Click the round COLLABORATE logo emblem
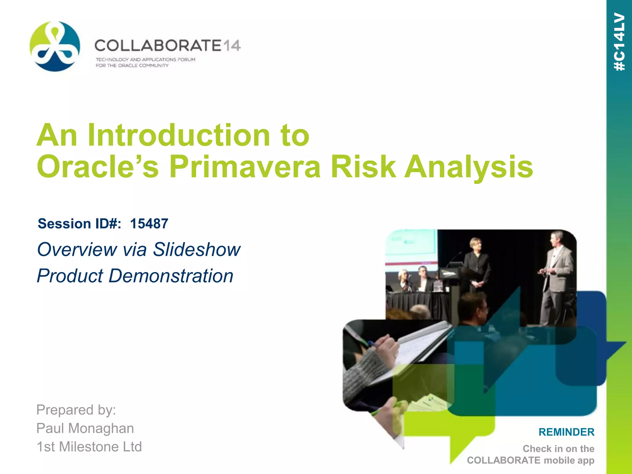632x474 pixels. (55, 46)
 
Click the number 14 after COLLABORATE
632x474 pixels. (231, 46)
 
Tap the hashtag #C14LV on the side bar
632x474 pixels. (619, 42)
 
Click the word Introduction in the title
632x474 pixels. (179, 135)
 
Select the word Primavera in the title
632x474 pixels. (245, 167)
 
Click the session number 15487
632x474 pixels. (149, 224)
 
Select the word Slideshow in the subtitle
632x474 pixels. (197, 249)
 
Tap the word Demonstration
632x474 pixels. (171, 276)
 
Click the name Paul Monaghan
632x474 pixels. (85, 428)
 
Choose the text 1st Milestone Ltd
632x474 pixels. (89, 447)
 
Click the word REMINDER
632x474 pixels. (566, 432)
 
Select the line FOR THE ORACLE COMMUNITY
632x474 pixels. (132, 65)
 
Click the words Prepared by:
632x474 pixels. (76, 410)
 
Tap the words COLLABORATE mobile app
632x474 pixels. (530, 460)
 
